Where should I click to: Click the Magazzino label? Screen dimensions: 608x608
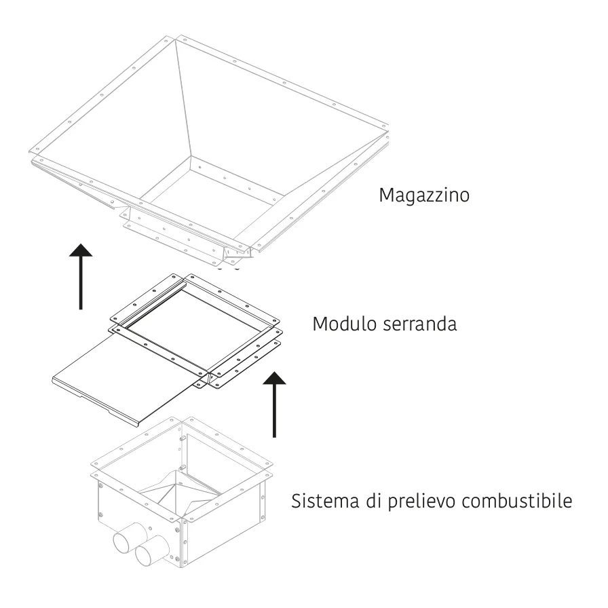[x=424, y=195]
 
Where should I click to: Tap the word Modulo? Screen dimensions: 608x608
[x=344, y=324]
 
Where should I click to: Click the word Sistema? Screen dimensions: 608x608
[x=325, y=501]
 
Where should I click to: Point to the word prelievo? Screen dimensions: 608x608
[x=422, y=501]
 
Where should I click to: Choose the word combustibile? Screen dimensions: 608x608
[x=517, y=501]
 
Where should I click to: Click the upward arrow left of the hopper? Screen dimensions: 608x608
[x=81, y=276]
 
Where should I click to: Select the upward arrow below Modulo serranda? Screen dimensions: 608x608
[x=274, y=404]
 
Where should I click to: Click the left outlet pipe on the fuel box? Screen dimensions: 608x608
[x=129, y=537]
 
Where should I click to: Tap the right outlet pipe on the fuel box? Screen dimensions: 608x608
[x=151, y=550]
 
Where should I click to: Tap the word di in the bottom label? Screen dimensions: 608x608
[x=374, y=501]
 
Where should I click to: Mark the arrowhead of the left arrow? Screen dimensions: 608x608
[x=81, y=250]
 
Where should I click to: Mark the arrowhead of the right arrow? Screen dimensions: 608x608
[x=274, y=378]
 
